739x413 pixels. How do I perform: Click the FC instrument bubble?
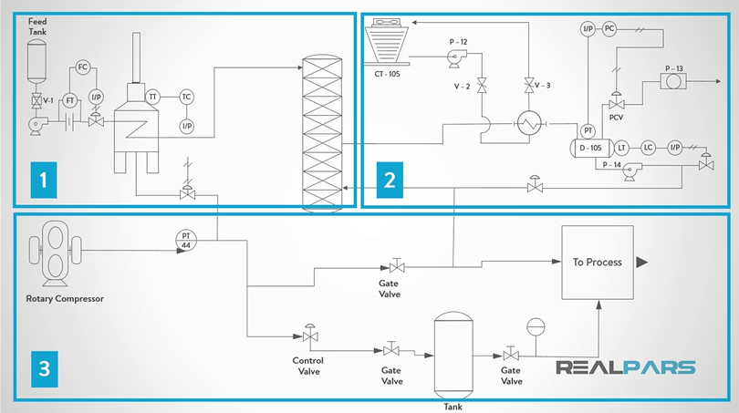[82, 67]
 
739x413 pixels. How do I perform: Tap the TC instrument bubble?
[186, 97]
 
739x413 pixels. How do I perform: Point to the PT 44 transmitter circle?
[186, 240]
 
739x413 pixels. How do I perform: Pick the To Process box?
[597, 263]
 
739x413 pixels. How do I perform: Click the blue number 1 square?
[42, 181]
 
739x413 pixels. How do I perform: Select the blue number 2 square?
[390, 180]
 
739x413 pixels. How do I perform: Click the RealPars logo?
[626, 367]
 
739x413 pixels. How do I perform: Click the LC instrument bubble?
[648, 148]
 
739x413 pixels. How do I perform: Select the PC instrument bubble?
[610, 29]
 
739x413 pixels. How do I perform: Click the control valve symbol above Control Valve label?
[311, 336]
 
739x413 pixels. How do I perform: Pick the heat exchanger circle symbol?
[527, 126]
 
